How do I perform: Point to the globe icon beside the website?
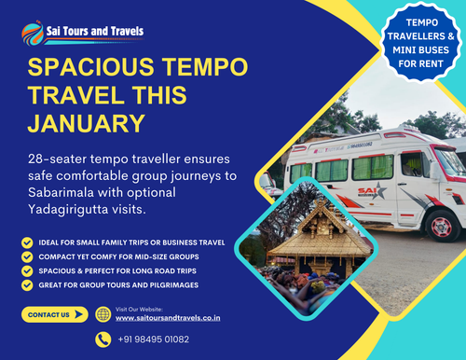pyautogui.click(x=103, y=314)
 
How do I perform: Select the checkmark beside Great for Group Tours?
pyautogui.click(x=27, y=284)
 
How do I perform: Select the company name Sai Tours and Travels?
pyautogui.click(x=95, y=31)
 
